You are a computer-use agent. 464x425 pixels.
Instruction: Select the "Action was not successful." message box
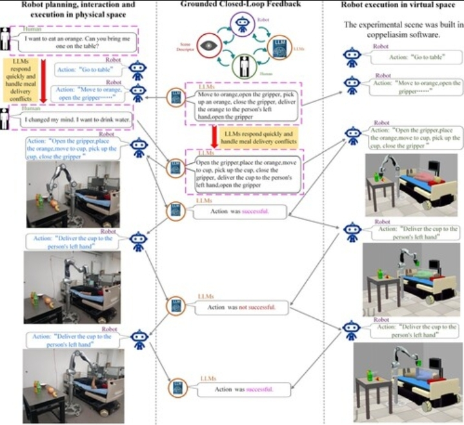[242, 306]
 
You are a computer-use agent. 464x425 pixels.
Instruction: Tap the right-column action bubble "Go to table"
[410, 56]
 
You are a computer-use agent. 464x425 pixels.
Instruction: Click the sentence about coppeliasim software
[399, 30]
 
